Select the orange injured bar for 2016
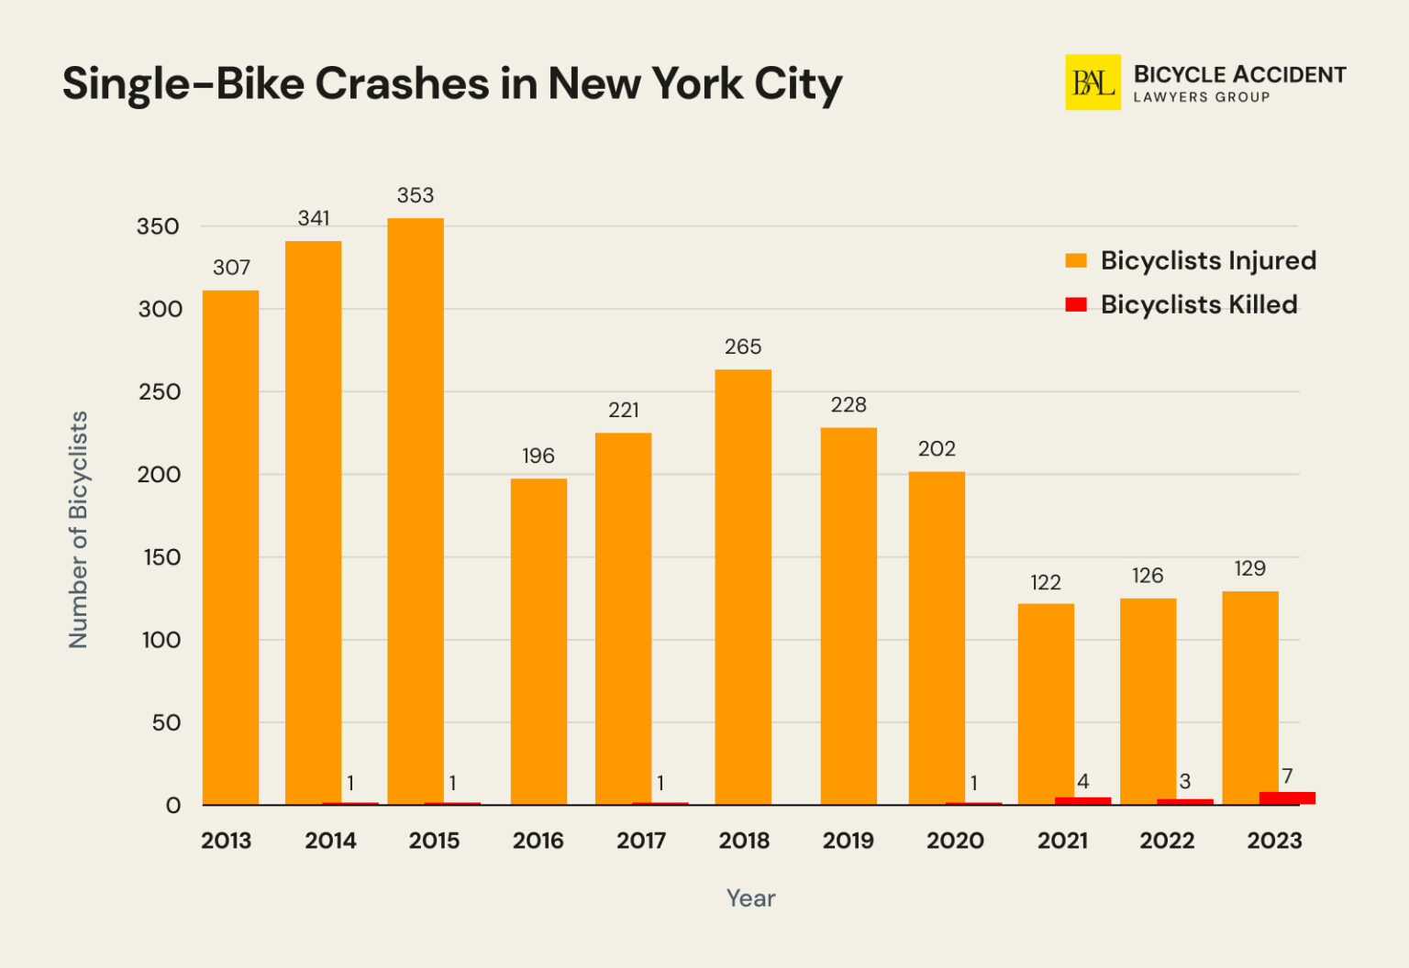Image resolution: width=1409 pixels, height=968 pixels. coord(538,641)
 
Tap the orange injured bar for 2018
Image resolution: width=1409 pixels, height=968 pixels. coord(743,587)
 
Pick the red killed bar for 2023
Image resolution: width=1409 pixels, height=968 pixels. coord(1287,797)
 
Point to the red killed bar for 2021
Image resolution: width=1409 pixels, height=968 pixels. coord(1082,800)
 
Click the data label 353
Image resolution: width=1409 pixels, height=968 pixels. coord(415,195)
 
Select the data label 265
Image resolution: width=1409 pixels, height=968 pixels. coord(743,346)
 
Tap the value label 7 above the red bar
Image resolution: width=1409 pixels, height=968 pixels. coord(1287,775)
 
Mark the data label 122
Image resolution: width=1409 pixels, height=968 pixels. coord(1046,582)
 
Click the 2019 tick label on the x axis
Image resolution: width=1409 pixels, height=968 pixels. coord(848,841)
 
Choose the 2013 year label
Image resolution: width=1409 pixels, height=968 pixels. coord(226,841)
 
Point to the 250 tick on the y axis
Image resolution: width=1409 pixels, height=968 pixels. coord(160,391)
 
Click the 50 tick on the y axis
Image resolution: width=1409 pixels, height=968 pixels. coord(166,722)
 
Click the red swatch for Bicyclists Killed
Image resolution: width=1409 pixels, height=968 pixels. coord(1076,304)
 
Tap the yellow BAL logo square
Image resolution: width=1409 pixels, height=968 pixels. coord(1093,82)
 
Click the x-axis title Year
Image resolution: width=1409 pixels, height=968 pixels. coord(750,898)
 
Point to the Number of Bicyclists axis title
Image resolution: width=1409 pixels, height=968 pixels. coord(79,530)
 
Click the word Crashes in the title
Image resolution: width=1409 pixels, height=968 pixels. coord(402,83)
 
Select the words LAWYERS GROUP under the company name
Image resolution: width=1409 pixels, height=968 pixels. coord(1202,97)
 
